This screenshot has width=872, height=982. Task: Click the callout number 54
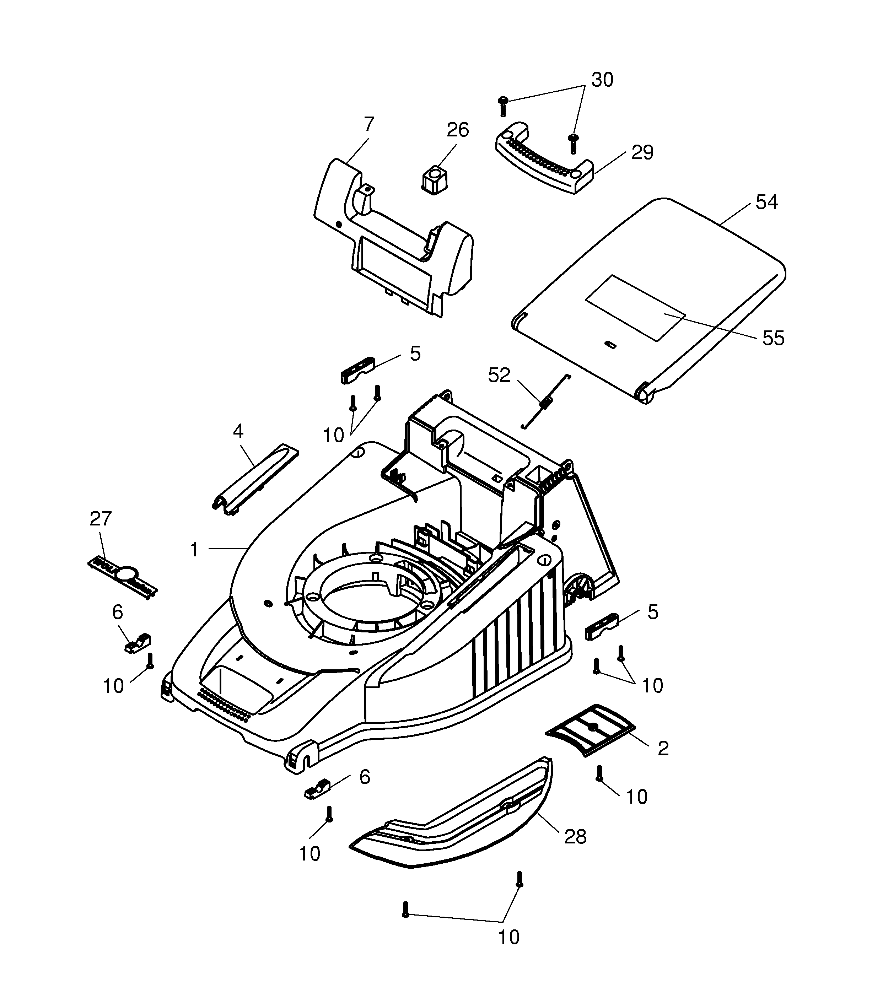click(x=766, y=202)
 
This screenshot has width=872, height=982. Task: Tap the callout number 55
click(x=773, y=338)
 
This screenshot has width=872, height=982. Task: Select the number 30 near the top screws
click(x=602, y=80)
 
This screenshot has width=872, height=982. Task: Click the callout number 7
click(x=368, y=124)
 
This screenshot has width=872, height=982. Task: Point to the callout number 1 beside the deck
click(x=194, y=550)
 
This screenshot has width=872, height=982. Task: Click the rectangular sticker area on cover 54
click(x=635, y=308)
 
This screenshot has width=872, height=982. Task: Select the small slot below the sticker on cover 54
click(x=610, y=344)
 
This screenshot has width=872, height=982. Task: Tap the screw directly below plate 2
click(x=599, y=773)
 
